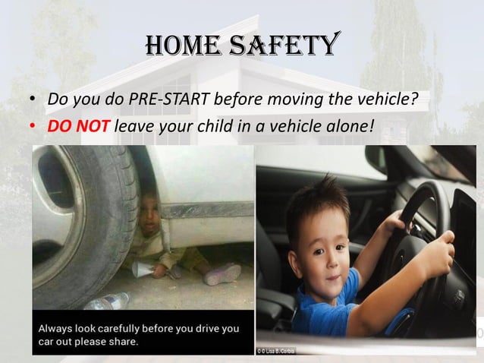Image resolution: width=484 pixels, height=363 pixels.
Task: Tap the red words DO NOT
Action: [x=79, y=124]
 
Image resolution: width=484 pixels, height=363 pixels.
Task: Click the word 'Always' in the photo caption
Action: [x=60, y=329]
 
